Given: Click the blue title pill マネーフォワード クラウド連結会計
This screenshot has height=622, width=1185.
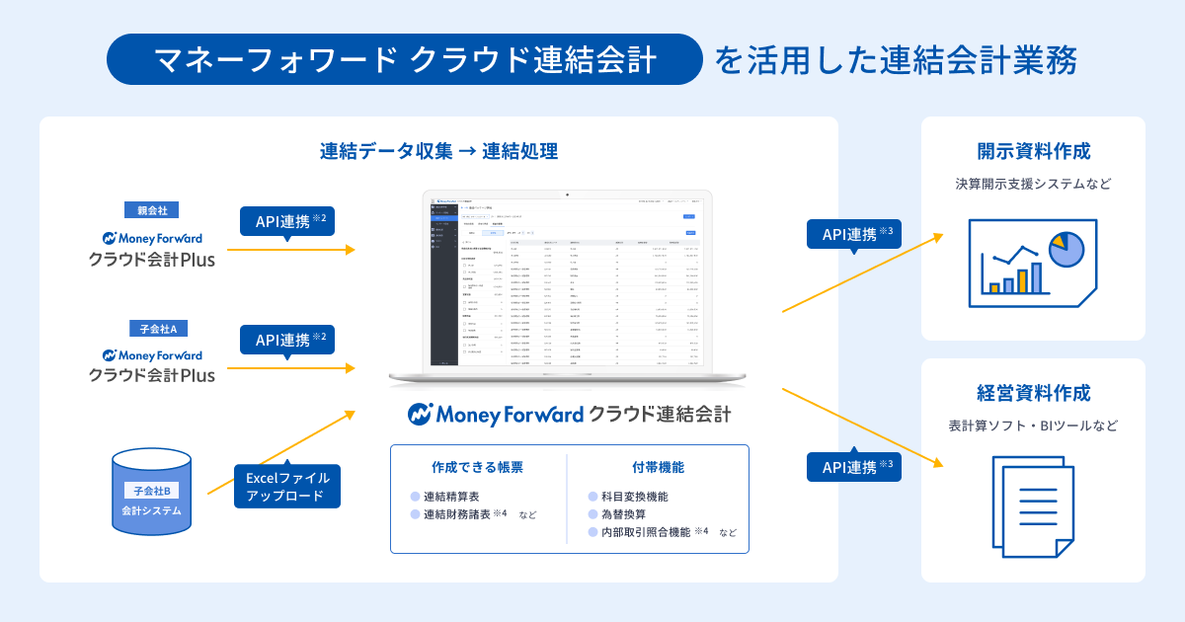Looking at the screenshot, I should point(405,60).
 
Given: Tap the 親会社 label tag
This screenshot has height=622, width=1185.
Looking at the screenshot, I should point(151,210).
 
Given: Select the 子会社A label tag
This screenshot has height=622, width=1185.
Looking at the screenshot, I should point(151,329).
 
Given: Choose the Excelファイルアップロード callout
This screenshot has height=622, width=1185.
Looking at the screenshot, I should point(287,487).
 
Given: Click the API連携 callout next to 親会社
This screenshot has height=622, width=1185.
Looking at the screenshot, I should point(287,220).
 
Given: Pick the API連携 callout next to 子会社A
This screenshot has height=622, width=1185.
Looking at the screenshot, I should point(287,339).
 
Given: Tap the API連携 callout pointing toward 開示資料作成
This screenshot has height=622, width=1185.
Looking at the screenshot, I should point(854,234).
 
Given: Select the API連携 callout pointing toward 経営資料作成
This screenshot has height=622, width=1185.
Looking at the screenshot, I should point(854,466).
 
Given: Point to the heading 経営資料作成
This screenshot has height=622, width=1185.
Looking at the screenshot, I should point(1033,393).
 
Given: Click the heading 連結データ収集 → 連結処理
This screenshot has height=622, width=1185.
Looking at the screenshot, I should point(438,152).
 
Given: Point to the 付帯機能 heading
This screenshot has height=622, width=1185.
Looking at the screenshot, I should point(658,467).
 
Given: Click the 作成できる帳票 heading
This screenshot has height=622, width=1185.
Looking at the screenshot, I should point(477,467).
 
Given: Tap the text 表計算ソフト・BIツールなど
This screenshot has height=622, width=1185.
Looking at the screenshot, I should point(1033,426).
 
